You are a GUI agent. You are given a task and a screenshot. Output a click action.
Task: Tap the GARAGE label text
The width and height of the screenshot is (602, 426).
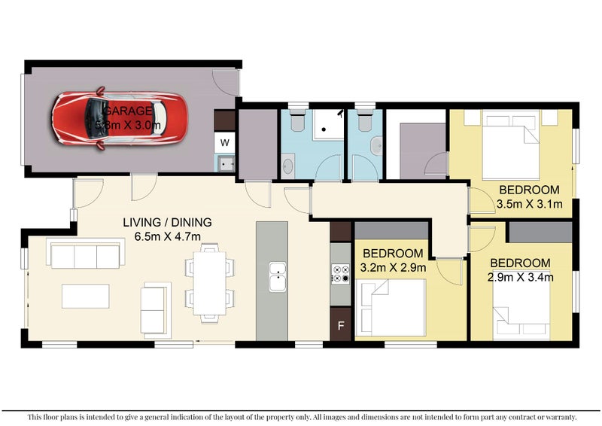coord(132,111)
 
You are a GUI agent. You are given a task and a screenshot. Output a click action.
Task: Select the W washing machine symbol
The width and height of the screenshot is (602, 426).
coord(225,141)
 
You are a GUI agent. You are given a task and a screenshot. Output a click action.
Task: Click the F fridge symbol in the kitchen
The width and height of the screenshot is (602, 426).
coord(341,326)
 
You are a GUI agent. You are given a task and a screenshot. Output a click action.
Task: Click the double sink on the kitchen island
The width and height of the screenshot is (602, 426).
coord(278,276)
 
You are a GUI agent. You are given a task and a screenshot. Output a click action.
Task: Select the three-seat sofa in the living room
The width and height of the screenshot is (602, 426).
coord(86,253)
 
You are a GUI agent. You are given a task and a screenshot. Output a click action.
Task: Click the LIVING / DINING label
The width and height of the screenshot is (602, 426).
coord(168,222)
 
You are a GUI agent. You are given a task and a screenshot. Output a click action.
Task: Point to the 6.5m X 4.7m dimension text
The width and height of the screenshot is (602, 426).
coord(168,236)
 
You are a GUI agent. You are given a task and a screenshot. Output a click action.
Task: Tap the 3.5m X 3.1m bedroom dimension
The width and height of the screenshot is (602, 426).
coord(529,203)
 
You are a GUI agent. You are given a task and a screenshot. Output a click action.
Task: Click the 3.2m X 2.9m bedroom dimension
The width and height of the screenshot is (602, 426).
coord(394,267)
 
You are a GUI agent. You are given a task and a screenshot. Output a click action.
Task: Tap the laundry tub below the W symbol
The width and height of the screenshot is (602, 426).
coord(225,162)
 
